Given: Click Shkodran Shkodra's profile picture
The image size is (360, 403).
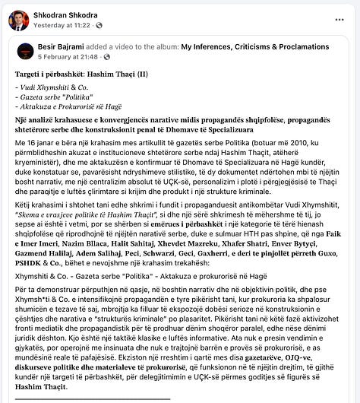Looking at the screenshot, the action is (18, 20).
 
